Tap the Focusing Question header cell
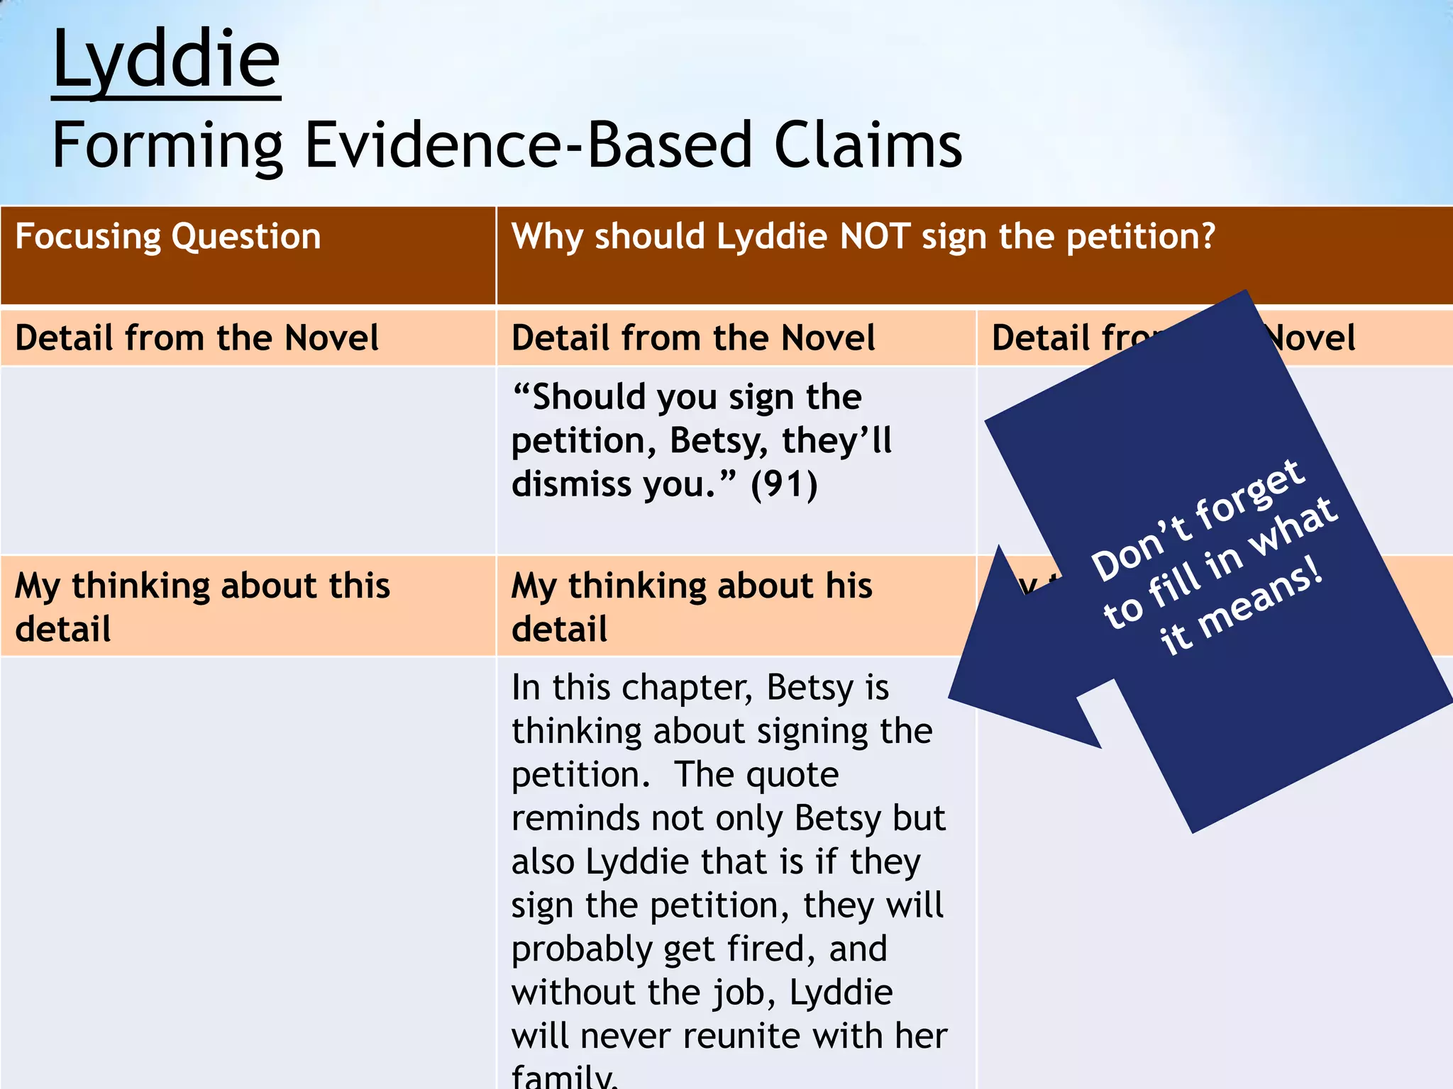click(168, 236)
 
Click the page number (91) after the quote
click(784, 485)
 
